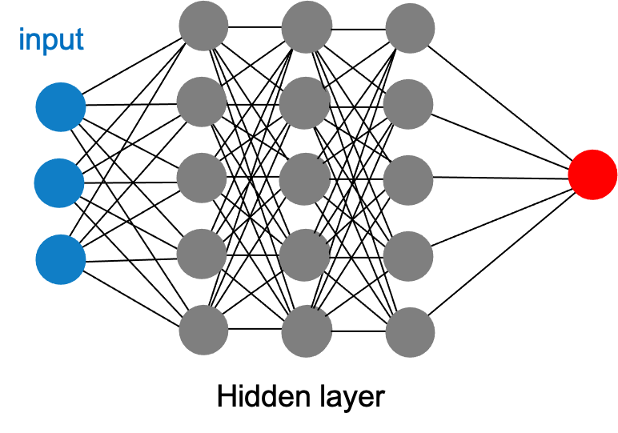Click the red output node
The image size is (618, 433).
pos(592,174)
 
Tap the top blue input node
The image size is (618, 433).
pos(60,108)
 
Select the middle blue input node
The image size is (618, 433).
pos(59,183)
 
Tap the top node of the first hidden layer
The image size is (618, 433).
pos(203,26)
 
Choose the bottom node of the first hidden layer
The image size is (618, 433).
pos(203,329)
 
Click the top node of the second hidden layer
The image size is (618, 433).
pos(307,26)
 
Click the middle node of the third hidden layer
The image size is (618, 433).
pos(408,178)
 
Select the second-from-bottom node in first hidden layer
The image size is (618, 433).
pos(202,254)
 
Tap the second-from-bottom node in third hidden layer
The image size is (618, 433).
pos(408,255)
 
